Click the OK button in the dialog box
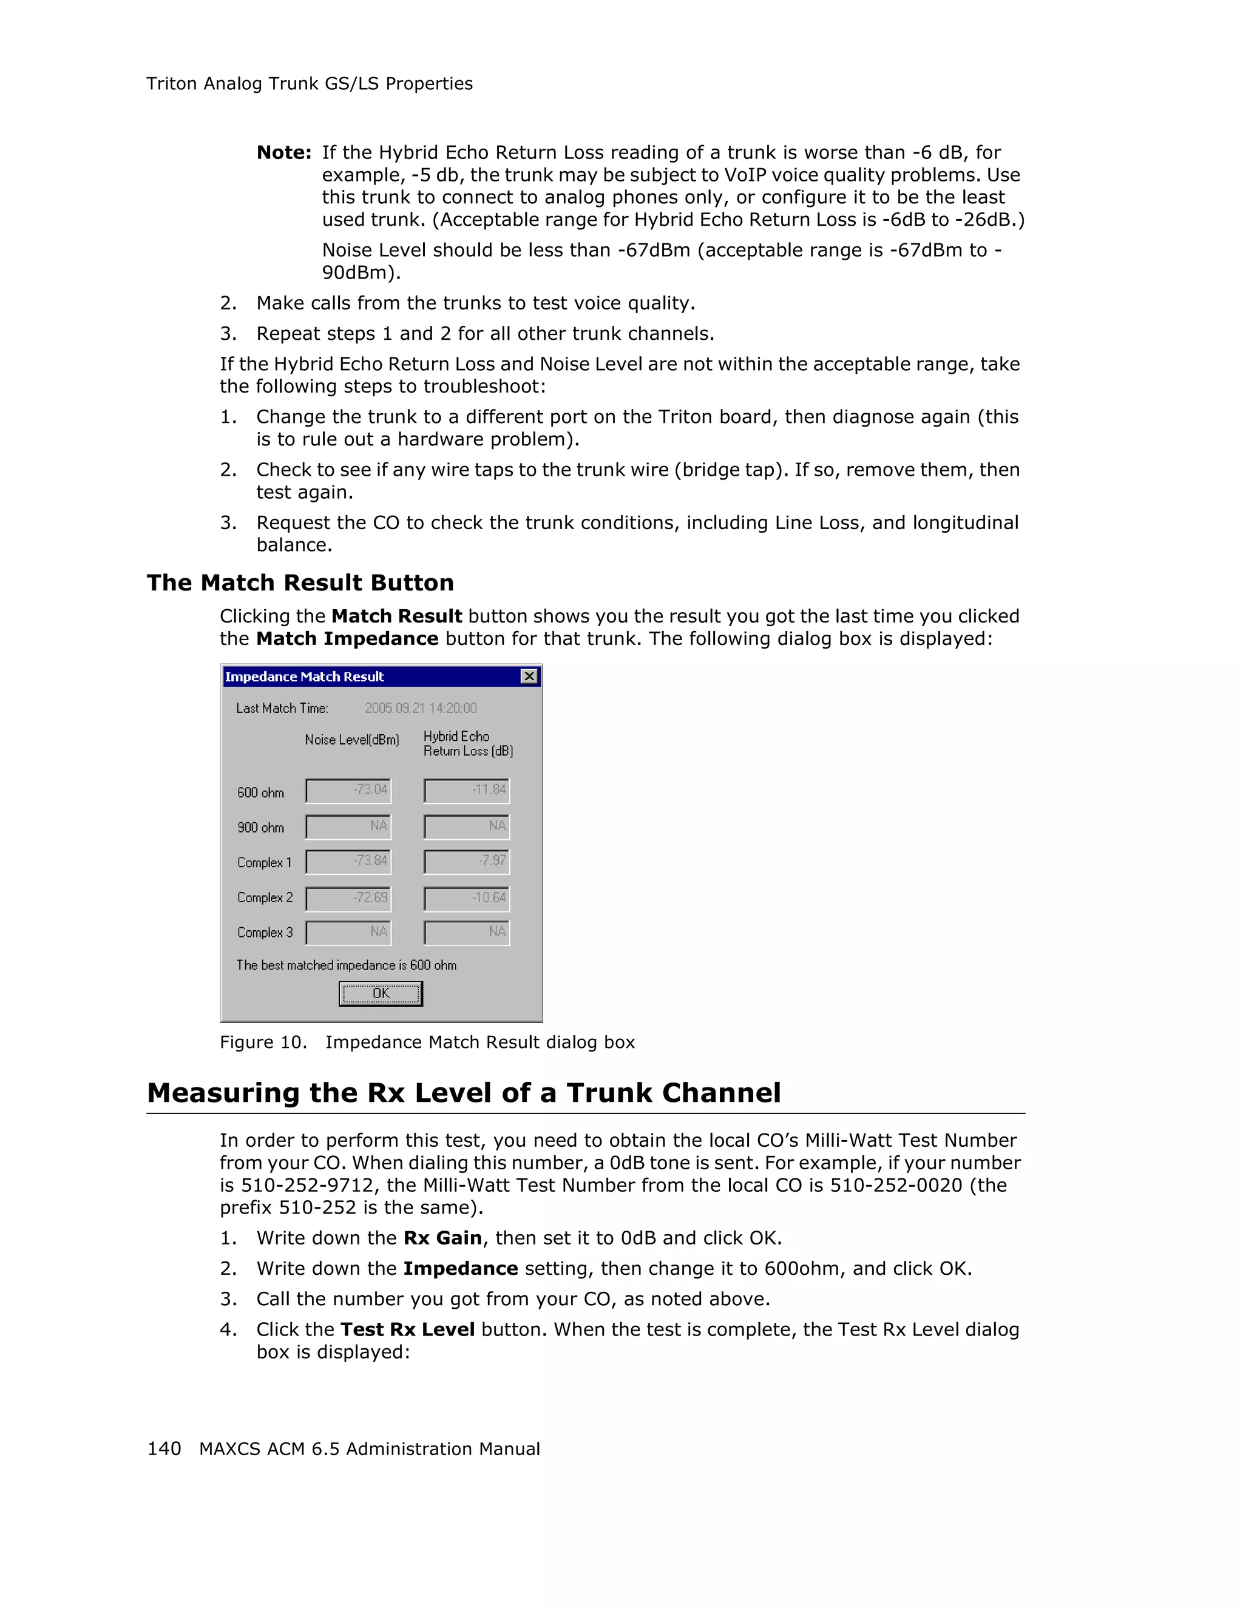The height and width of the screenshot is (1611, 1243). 380,993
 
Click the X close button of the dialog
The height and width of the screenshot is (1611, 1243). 529,677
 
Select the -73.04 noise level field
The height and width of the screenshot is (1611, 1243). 348,790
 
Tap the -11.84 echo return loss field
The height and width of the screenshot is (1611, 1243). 466,790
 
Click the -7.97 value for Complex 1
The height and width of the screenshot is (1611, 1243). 466,861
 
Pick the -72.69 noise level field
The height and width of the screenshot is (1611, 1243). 348,897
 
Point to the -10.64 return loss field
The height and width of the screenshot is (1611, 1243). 466,897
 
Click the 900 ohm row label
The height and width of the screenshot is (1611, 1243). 260,828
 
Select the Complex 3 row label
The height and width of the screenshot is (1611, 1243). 265,933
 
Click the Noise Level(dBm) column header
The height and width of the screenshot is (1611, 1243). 352,740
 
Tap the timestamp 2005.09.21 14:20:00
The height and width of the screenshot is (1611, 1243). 421,708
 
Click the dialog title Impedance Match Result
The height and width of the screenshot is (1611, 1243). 304,677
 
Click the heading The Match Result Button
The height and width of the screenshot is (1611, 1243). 299,583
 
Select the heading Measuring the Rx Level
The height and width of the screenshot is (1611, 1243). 463,1092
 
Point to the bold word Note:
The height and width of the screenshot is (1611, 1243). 284,153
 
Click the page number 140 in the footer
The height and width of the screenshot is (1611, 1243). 164,1449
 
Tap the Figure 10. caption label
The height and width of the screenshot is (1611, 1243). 263,1042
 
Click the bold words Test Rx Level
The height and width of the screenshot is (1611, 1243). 407,1329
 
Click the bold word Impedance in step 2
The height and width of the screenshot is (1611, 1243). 460,1268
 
